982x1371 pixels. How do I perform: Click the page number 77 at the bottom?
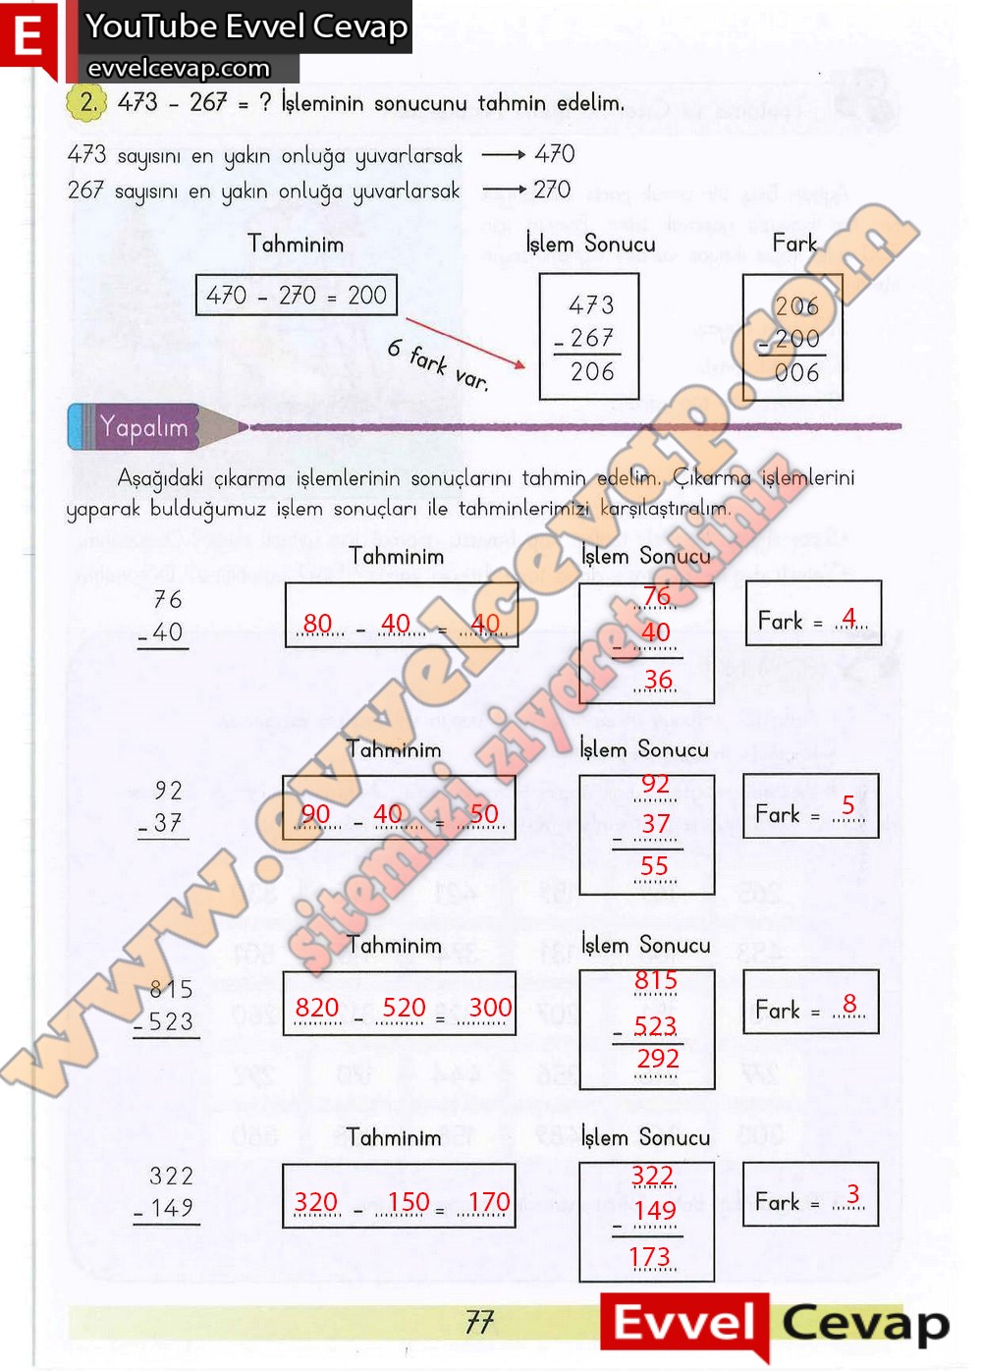point(479,1322)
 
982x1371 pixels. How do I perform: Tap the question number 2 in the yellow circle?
point(87,102)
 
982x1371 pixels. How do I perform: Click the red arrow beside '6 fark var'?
point(465,343)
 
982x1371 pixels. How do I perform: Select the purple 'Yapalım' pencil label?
point(143,427)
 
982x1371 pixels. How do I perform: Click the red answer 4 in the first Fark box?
point(849,618)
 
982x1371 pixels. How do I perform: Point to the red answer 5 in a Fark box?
point(848,805)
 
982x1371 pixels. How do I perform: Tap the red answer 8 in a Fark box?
point(849,1003)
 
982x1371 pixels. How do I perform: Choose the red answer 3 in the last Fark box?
point(852,1193)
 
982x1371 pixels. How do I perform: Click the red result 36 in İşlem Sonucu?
point(658,680)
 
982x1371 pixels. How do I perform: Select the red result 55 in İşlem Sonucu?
point(655,866)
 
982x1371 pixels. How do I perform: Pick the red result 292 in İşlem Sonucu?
point(658,1059)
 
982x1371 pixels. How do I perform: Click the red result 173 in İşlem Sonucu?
point(650,1257)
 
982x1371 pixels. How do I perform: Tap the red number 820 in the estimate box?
point(317,1008)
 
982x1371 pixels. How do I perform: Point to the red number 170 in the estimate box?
point(489,1202)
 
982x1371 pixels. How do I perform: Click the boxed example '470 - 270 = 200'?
point(297,295)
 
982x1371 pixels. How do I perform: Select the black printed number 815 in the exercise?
point(172,989)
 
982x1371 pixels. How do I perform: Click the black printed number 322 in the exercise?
point(172,1176)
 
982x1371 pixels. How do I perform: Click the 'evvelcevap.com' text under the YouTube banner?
point(179,68)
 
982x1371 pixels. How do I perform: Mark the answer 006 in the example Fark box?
point(796,373)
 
